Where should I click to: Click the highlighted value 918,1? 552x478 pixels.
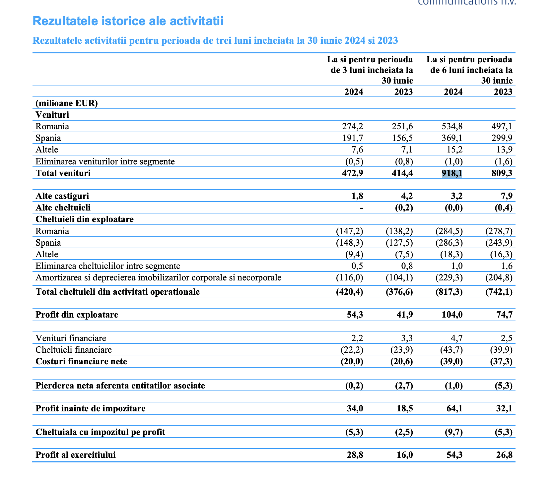tap(452, 173)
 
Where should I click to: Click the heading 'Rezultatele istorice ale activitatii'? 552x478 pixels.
tap(128, 21)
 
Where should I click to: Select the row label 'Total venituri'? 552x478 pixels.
tap(63, 173)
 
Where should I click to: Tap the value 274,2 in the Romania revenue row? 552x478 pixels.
tap(353, 126)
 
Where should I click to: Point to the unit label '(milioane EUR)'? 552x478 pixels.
tap(67, 103)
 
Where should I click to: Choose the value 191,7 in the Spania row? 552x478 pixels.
tap(353, 138)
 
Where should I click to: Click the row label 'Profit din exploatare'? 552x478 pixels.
tap(77, 315)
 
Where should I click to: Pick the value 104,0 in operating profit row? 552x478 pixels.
tap(452, 315)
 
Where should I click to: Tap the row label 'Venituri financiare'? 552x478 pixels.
tap(71, 338)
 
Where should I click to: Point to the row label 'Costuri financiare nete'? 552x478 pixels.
tap(81, 361)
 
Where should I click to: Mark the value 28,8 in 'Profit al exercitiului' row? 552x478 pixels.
tap(355, 455)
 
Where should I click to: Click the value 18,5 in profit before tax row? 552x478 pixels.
tap(405, 408)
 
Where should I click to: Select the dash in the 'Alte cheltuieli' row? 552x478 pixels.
tap(362, 208)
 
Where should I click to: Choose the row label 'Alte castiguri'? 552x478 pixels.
tap(62, 196)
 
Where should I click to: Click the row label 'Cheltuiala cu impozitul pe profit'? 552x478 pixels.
tap(101, 432)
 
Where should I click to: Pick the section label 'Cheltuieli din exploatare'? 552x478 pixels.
tap(85, 219)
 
